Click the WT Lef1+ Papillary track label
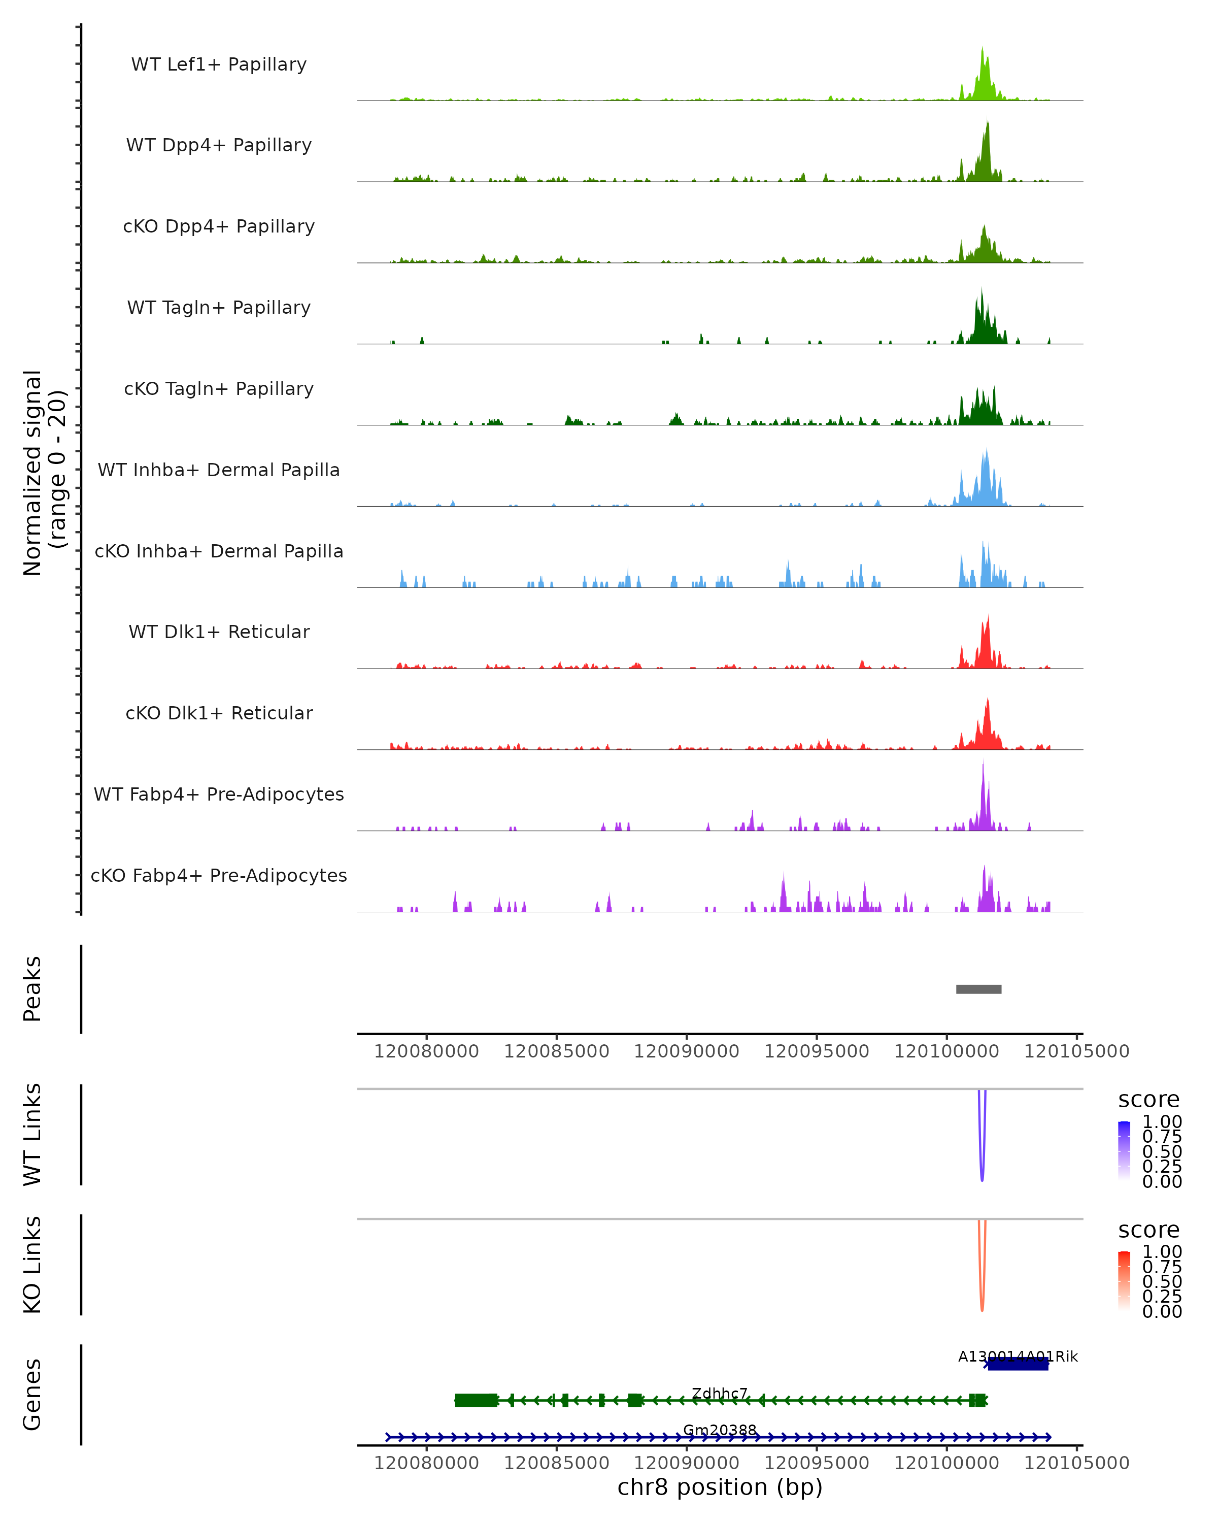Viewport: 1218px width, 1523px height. (219, 64)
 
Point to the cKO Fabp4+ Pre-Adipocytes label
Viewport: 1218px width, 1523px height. (219, 875)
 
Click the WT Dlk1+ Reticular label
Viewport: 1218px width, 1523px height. (219, 632)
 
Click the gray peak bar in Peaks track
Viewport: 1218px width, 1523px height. (978, 989)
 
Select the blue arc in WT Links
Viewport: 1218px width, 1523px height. (982, 1158)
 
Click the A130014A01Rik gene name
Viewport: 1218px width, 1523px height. (1018, 1356)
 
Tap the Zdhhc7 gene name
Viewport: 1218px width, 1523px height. (720, 1393)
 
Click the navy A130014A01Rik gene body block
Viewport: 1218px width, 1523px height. (1018, 1365)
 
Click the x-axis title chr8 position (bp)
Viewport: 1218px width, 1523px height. (720, 1487)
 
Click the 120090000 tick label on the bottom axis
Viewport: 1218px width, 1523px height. (686, 1463)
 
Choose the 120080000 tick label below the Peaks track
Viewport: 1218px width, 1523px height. (426, 1051)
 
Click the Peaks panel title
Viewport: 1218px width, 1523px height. (32, 989)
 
